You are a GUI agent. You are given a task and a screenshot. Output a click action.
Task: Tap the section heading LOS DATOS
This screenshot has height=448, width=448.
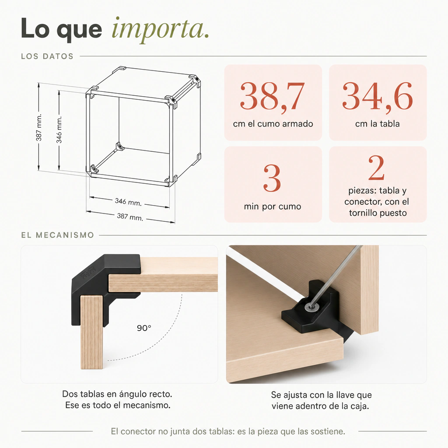pos(47,56)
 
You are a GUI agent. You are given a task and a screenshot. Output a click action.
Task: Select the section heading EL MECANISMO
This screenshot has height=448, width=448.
pos(57,235)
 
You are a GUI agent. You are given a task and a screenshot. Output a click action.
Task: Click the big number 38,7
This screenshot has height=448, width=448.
pos(272,96)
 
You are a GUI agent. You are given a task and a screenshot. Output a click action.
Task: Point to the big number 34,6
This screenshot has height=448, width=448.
pos(378,96)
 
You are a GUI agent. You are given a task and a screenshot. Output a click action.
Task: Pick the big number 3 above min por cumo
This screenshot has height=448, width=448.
pos(272,178)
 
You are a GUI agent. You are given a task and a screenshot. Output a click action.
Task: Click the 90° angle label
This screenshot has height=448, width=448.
pos(144,328)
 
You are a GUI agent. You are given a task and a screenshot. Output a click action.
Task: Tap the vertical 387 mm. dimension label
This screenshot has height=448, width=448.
pos(39,127)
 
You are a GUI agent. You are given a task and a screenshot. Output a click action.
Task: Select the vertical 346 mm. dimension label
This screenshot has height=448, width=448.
pos(59,129)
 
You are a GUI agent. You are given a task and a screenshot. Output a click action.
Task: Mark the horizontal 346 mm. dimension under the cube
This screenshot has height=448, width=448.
pos(128,202)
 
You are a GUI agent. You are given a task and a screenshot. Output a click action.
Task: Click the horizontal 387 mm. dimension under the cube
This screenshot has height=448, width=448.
pos(130,217)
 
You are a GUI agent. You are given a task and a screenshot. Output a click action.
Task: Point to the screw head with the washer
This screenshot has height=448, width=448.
pos(311,307)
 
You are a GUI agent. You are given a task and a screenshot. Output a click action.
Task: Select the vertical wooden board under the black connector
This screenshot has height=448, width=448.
pos(91,332)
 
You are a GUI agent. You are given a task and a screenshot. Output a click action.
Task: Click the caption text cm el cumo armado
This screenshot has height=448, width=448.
pos(273,124)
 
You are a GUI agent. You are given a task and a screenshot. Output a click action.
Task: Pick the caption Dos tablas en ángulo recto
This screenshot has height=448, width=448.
pos(117,394)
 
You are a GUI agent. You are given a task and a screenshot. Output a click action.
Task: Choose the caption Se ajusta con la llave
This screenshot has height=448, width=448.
pos(322,395)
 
